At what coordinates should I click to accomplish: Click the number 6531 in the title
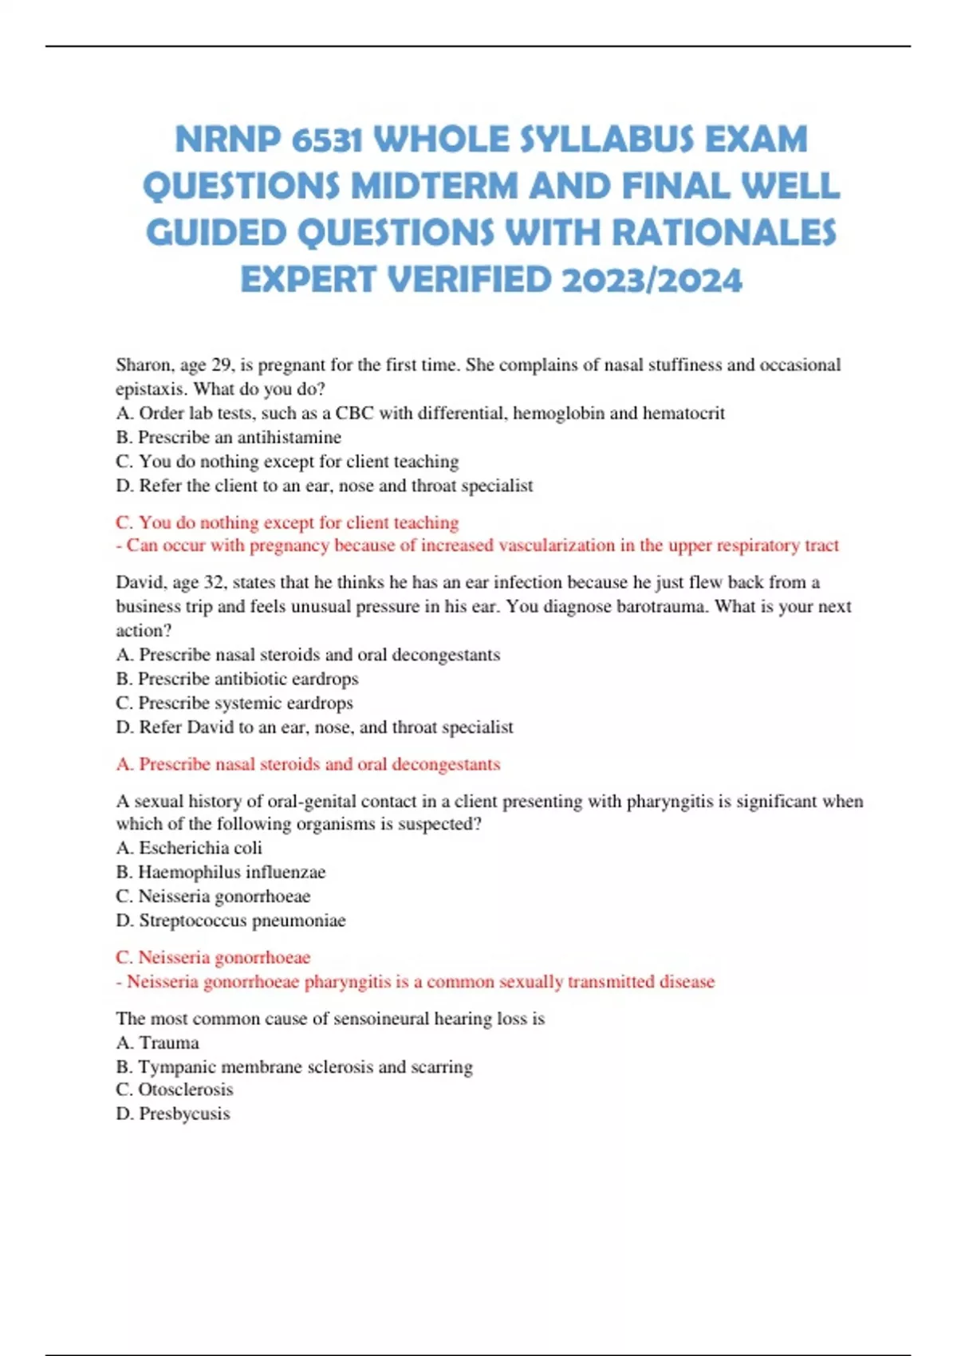[328, 140]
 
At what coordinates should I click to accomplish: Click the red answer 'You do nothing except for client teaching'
[287, 522]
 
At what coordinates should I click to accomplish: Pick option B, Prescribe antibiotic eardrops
[238, 679]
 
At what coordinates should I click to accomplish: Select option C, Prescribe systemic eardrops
[234, 703]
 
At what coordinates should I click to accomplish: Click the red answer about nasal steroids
[309, 764]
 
